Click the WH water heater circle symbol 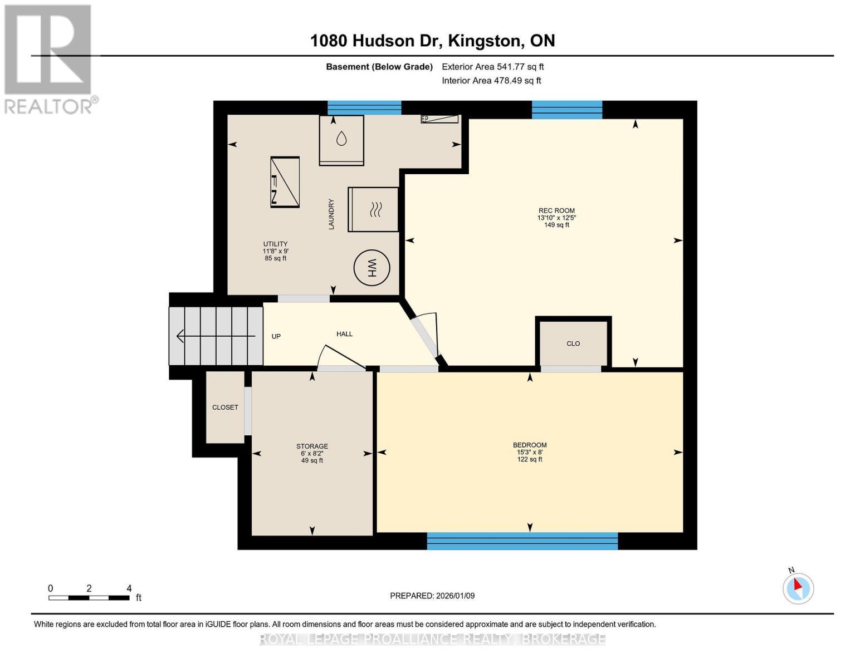pos(372,268)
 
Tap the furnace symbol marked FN pos(285,182)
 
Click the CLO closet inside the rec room pos(573,343)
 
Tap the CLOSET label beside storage pos(225,407)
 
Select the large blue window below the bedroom pos(522,541)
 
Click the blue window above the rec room pos(567,110)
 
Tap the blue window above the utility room pos(364,107)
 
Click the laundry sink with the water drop pos(341,140)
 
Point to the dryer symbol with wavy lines pos(373,209)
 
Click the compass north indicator pos(798,587)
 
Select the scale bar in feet pos(89,597)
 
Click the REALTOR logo pos(48,58)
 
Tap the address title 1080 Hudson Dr pos(432,41)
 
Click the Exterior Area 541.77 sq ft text pos(492,67)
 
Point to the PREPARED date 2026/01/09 pos(432,596)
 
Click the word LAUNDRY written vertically pos(331,214)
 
